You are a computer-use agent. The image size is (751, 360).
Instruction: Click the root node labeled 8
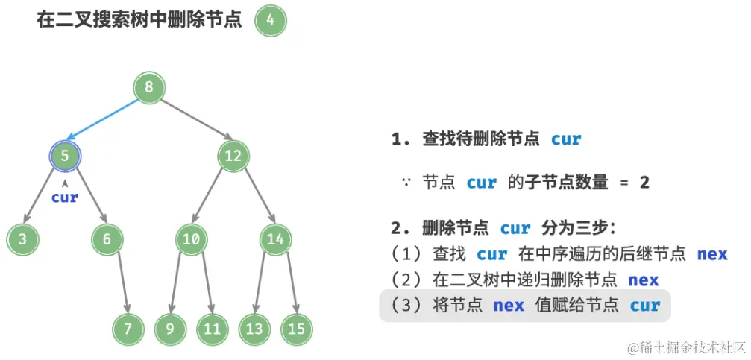[x=149, y=87]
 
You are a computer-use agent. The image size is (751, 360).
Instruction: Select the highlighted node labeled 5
[x=65, y=156]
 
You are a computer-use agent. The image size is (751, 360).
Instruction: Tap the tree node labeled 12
[x=233, y=156]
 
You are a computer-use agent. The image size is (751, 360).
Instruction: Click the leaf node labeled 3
[x=22, y=239]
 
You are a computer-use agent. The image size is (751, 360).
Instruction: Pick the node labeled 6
[x=107, y=239]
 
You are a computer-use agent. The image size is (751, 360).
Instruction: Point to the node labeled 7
[x=128, y=329]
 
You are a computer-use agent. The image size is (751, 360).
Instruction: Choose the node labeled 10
[x=191, y=239]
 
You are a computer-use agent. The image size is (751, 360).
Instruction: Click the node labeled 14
[x=275, y=239]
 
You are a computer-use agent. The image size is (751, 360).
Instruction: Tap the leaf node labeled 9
[x=170, y=329]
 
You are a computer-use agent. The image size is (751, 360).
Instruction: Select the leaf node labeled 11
[x=212, y=329]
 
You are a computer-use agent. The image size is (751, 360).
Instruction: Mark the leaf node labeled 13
[x=254, y=329]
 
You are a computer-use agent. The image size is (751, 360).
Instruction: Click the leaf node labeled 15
[x=296, y=329]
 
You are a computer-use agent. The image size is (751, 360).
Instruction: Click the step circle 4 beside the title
[x=270, y=21]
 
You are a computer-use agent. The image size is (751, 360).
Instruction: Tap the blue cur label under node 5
[x=65, y=198]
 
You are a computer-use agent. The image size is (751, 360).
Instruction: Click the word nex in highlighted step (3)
[x=509, y=306]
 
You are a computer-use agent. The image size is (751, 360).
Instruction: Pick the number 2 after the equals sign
[x=644, y=182]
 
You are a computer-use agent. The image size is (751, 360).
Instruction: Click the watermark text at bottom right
[x=686, y=347]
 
